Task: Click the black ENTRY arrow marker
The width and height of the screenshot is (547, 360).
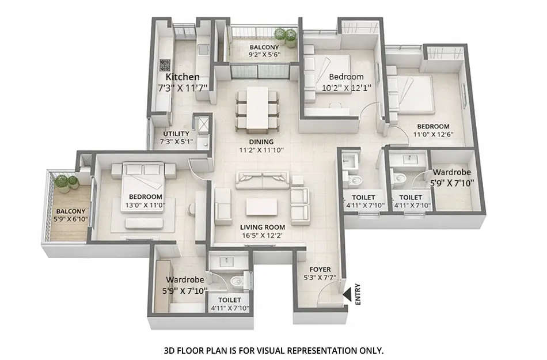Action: tap(347, 295)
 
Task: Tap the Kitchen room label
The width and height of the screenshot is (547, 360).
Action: tap(183, 77)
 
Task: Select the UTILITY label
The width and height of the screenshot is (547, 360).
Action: tap(176, 134)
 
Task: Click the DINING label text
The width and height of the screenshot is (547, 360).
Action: tap(261, 142)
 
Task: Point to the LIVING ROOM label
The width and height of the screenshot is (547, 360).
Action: tap(263, 227)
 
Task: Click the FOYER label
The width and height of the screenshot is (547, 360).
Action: tap(320, 268)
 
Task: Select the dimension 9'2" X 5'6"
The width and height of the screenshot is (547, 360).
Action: tap(264, 56)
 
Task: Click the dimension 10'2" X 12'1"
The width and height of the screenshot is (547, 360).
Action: tap(346, 88)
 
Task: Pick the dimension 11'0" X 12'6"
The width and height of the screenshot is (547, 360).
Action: tap(433, 135)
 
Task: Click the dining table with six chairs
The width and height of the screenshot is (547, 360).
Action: tap(257, 108)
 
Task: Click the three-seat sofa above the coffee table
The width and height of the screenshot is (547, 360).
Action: tap(262, 180)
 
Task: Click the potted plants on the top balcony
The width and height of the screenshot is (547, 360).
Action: tap(285, 36)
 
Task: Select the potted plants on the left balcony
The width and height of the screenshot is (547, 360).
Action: tap(67, 184)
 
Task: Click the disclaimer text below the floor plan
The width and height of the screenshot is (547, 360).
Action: tap(273, 350)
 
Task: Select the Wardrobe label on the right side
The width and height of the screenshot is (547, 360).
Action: tap(452, 172)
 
